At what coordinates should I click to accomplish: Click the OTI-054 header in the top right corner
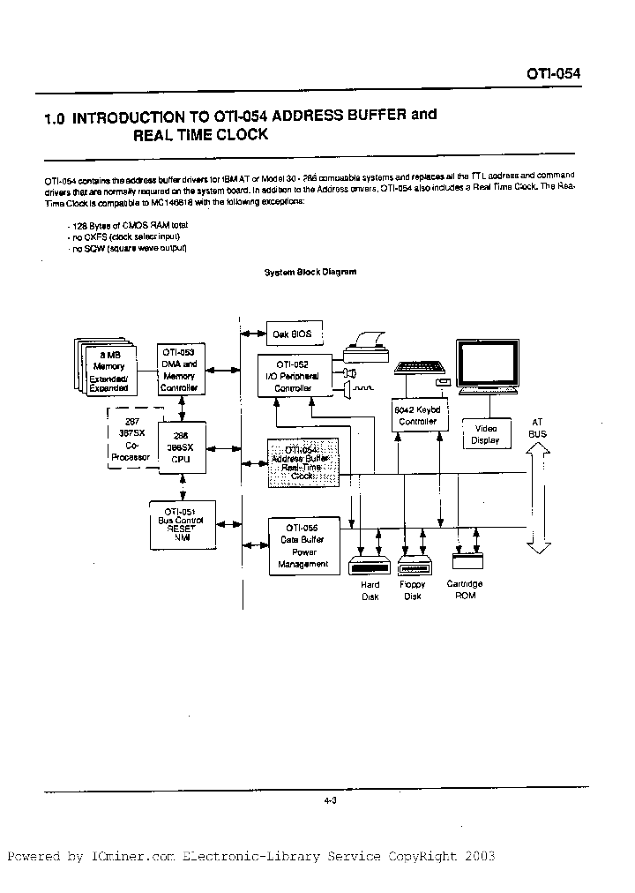(x=553, y=74)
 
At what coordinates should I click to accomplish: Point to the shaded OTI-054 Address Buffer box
(x=303, y=463)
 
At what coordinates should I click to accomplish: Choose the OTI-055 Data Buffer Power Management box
(x=303, y=546)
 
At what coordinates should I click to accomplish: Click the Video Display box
(x=484, y=434)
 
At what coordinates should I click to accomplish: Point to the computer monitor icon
(x=494, y=367)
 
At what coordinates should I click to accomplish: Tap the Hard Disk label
(x=370, y=590)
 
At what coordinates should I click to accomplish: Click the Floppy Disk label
(x=412, y=590)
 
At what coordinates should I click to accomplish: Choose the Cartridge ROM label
(x=466, y=589)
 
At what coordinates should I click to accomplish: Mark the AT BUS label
(x=537, y=428)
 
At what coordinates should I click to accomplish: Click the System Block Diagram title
(x=310, y=272)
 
